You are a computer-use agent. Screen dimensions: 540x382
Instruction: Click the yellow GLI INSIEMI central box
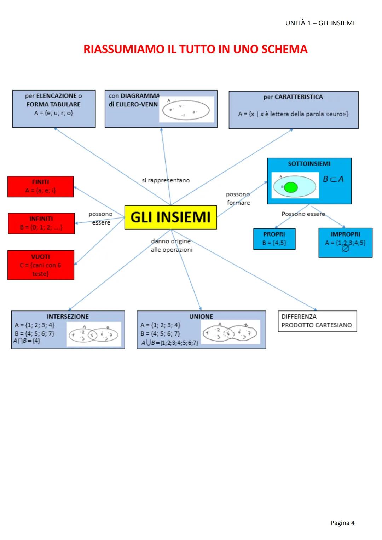[170, 217]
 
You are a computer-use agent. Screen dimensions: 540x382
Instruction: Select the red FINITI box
[40, 186]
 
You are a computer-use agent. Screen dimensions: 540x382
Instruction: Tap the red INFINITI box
[41, 223]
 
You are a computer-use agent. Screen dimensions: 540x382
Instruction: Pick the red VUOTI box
[41, 265]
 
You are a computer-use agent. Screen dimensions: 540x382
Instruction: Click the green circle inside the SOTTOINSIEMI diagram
[291, 187]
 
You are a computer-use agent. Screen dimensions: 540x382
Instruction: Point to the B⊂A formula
[333, 179]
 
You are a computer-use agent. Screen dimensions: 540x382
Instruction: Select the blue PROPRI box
[274, 239]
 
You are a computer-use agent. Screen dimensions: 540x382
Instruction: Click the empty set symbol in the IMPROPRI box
[346, 249]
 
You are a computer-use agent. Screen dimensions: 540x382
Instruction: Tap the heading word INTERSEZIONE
[68, 317]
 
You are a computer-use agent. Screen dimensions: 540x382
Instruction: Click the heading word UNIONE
[201, 317]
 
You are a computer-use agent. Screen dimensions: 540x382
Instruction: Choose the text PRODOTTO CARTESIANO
[317, 325]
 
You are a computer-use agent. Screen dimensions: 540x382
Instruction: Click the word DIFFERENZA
[299, 317]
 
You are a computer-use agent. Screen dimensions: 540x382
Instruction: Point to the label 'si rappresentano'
[166, 180]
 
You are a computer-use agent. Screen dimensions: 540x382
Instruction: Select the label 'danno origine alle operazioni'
[171, 245]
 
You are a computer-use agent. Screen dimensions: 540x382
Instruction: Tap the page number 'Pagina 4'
[342, 523]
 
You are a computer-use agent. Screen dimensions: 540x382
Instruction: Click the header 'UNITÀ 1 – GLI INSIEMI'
[320, 23]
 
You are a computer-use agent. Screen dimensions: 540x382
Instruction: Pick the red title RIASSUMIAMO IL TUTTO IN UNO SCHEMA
[195, 49]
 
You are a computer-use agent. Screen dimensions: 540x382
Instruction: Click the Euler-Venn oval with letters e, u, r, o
[186, 110]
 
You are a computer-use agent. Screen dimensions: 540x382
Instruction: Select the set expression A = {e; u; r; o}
[53, 113]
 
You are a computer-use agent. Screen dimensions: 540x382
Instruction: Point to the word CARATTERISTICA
[299, 97]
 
